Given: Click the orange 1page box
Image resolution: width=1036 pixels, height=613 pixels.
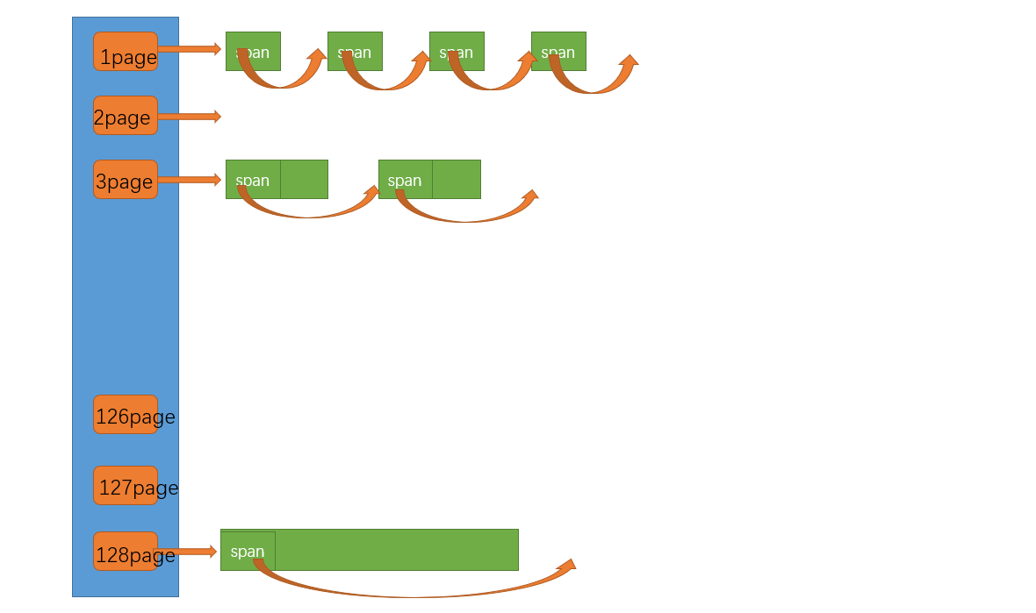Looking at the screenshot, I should pos(125,51).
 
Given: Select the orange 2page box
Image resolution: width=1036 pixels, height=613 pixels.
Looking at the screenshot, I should pos(125,115).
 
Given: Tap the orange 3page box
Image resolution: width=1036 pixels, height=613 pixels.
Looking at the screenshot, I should pos(125,179).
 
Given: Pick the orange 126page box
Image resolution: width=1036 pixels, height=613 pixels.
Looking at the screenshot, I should pos(125,414).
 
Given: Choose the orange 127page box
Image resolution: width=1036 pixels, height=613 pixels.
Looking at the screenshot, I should pos(125,485).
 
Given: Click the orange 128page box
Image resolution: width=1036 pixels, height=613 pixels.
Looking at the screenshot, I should pos(125,551).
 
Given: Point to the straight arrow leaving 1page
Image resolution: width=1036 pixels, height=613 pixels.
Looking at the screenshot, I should pos(189,49).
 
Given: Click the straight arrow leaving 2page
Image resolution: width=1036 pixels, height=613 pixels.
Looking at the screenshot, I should pos(189,116).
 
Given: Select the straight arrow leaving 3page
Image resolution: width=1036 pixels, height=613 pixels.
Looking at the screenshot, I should pos(189,180).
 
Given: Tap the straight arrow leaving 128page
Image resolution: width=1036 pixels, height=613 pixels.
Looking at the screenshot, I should pos(185,552).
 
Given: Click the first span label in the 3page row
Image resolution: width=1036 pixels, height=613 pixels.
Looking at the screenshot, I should pos(253,180).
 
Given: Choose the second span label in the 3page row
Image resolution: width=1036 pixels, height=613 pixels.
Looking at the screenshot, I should pos(405,180).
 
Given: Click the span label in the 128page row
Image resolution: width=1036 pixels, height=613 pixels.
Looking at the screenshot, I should pos(248,552).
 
